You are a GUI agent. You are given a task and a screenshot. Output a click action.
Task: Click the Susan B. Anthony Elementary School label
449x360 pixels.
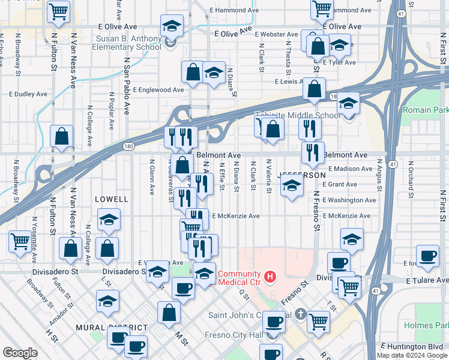click(x=128, y=43)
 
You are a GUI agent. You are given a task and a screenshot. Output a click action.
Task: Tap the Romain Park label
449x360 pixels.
click(x=425, y=110)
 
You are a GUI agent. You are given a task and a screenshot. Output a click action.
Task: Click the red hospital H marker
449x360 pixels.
click(x=270, y=277)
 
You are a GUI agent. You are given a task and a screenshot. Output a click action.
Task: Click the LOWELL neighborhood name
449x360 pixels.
click(x=112, y=199)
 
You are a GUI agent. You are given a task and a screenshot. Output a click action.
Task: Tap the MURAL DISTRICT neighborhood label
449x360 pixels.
click(x=112, y=327)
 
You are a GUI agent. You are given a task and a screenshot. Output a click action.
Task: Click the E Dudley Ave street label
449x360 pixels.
click(x=28, y=94)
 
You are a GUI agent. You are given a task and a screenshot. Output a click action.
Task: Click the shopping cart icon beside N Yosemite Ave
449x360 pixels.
click(x=20, y=242)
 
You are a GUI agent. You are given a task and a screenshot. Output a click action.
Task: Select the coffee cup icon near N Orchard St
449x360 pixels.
click(x=427, y=256)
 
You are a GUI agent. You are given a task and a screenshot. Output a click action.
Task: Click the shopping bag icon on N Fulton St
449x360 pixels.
click(x=62, y=136)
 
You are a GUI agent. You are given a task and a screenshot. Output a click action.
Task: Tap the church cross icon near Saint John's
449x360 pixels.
click(x=301, y=315)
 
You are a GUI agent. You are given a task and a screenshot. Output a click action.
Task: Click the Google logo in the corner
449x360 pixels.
click(x=20, y=353)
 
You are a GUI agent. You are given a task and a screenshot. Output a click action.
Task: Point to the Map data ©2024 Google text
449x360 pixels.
click(x=412, y=355)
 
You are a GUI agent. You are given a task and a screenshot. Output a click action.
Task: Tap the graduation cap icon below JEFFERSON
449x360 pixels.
click(x=292, y=188)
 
